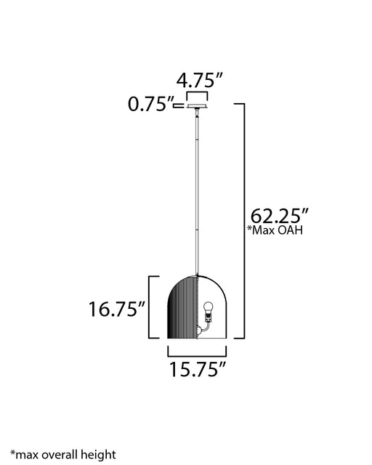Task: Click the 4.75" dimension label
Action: (199, 80)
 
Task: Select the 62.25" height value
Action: (280, 216)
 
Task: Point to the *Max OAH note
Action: (275, 230)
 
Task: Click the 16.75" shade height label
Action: (116, 309)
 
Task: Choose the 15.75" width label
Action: (198, 370)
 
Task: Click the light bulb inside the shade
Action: (209, 308)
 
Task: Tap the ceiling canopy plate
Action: (197, 106)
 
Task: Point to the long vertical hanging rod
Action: (197, 192)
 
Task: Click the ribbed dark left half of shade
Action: (182, 307)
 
